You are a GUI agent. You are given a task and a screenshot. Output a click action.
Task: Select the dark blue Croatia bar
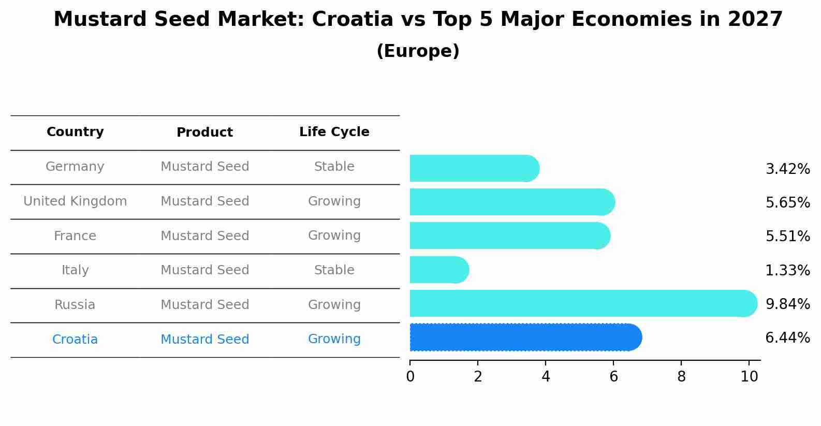point(525,337)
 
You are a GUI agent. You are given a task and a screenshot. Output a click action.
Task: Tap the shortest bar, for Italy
point(439,270)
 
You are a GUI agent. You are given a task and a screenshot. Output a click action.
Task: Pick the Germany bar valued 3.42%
point(474,168)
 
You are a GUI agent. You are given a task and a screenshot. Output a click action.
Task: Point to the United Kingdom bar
point(511,202)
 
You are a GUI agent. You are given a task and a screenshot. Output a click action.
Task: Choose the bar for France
point(509,236)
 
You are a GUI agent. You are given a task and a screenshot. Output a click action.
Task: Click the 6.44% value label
point(787,338)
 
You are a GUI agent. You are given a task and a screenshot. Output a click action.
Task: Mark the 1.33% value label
point(787,270)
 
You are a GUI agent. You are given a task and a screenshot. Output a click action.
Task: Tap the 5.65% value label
point(787,202)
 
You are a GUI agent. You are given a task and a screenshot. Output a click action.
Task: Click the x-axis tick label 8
point(681,377)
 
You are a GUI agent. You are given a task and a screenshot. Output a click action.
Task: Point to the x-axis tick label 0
point(410,377)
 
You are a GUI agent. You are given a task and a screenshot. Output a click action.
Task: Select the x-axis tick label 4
point(546,377)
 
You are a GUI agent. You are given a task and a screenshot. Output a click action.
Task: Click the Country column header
point(75,132)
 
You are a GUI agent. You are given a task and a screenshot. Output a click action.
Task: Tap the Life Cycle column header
point(334,132)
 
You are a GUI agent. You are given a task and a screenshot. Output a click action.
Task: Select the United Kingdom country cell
point(75,201)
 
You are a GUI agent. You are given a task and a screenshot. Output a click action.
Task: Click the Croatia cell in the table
point(75,340)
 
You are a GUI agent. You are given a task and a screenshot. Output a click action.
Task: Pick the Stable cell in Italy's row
point(334,270)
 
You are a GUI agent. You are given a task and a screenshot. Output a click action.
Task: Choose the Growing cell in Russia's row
point(334,305)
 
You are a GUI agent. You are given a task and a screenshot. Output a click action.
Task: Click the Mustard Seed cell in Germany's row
point(204,167)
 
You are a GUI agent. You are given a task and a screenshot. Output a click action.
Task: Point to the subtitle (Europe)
point(418,51)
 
